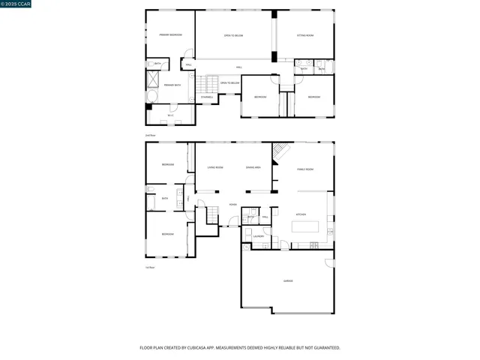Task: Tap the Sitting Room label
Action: click(x=304, y=35)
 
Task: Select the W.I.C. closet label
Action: click(x=171, y=115)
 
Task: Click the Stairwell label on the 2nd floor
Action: click(x=208, y=97)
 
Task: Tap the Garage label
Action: click(x=288, y=281)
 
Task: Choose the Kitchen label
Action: click(x=301, y=214)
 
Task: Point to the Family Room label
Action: click(x=304, y=169)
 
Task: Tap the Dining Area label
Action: click(x=253, y=167)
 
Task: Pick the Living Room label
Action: click(x=215, y=167)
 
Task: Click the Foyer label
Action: click(x=233, y=203)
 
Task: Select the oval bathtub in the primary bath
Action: click(x=151, y=98)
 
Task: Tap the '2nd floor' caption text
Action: click(x=151, y=136)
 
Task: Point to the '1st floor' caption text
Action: click(x=150, y=268)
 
